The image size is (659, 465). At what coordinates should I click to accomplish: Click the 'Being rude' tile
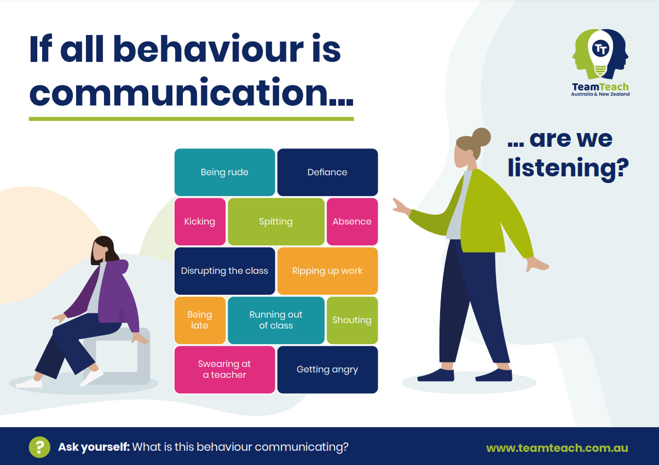(x=225, y=172)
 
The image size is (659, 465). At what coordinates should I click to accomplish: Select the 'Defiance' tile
(x=328, y=172)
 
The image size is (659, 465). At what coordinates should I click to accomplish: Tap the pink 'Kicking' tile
(x=200, y=222)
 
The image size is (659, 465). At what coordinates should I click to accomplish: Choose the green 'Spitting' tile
(x=276, y=222)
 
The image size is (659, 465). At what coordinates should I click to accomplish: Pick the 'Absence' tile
(x=352, y=222)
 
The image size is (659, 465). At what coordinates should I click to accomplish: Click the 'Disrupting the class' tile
(x=225, y=271)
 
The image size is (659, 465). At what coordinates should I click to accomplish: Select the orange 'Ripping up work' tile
(x=328, y=271)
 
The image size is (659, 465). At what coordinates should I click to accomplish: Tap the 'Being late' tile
(x=200, y=320)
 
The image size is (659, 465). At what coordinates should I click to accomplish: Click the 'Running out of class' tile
(x=276, y=320)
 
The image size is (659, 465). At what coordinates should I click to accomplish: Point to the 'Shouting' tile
(x=352, y=320)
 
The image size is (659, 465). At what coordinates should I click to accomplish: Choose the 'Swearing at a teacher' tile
(x=225, y=370)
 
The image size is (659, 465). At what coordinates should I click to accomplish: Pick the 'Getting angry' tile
(x=328, y=370)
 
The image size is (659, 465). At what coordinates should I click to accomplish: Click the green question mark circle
(x=40, y=447)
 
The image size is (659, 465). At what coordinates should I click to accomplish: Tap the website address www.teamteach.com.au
(x=557, y=448)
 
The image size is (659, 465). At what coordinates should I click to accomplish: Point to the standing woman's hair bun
(x=481, y=137)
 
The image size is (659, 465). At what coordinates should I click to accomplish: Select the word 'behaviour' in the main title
(x=209, y=49)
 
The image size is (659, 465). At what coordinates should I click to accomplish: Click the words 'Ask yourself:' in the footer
(x=94, y=447)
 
